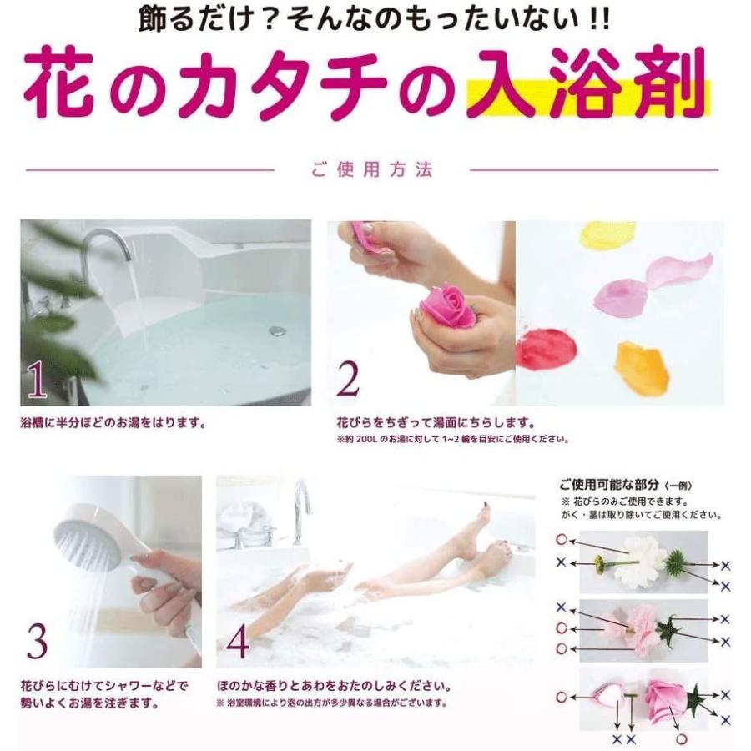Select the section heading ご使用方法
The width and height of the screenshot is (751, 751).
tap(372, 170)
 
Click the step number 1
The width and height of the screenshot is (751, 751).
tap(38, 381)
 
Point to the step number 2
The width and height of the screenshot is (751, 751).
tap(348, 381)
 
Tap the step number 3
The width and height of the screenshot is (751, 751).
tap(38, 642)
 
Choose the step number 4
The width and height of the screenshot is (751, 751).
tap(238, 642)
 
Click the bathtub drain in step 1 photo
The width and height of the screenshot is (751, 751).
tap(277, 331)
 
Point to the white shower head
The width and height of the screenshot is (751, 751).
tap(83, 542)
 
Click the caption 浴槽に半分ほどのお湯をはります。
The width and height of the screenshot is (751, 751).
tap(113, 422)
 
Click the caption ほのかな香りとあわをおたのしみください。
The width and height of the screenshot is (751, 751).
tap(334, 687)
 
